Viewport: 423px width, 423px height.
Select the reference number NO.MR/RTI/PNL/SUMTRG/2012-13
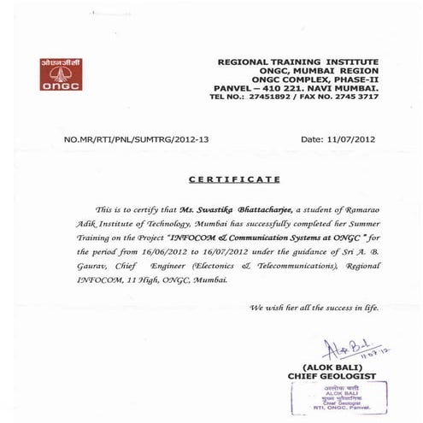click(137, 138)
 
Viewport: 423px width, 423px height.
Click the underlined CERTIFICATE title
click(233, 180)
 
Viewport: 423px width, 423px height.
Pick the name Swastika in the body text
click(221, 209)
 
